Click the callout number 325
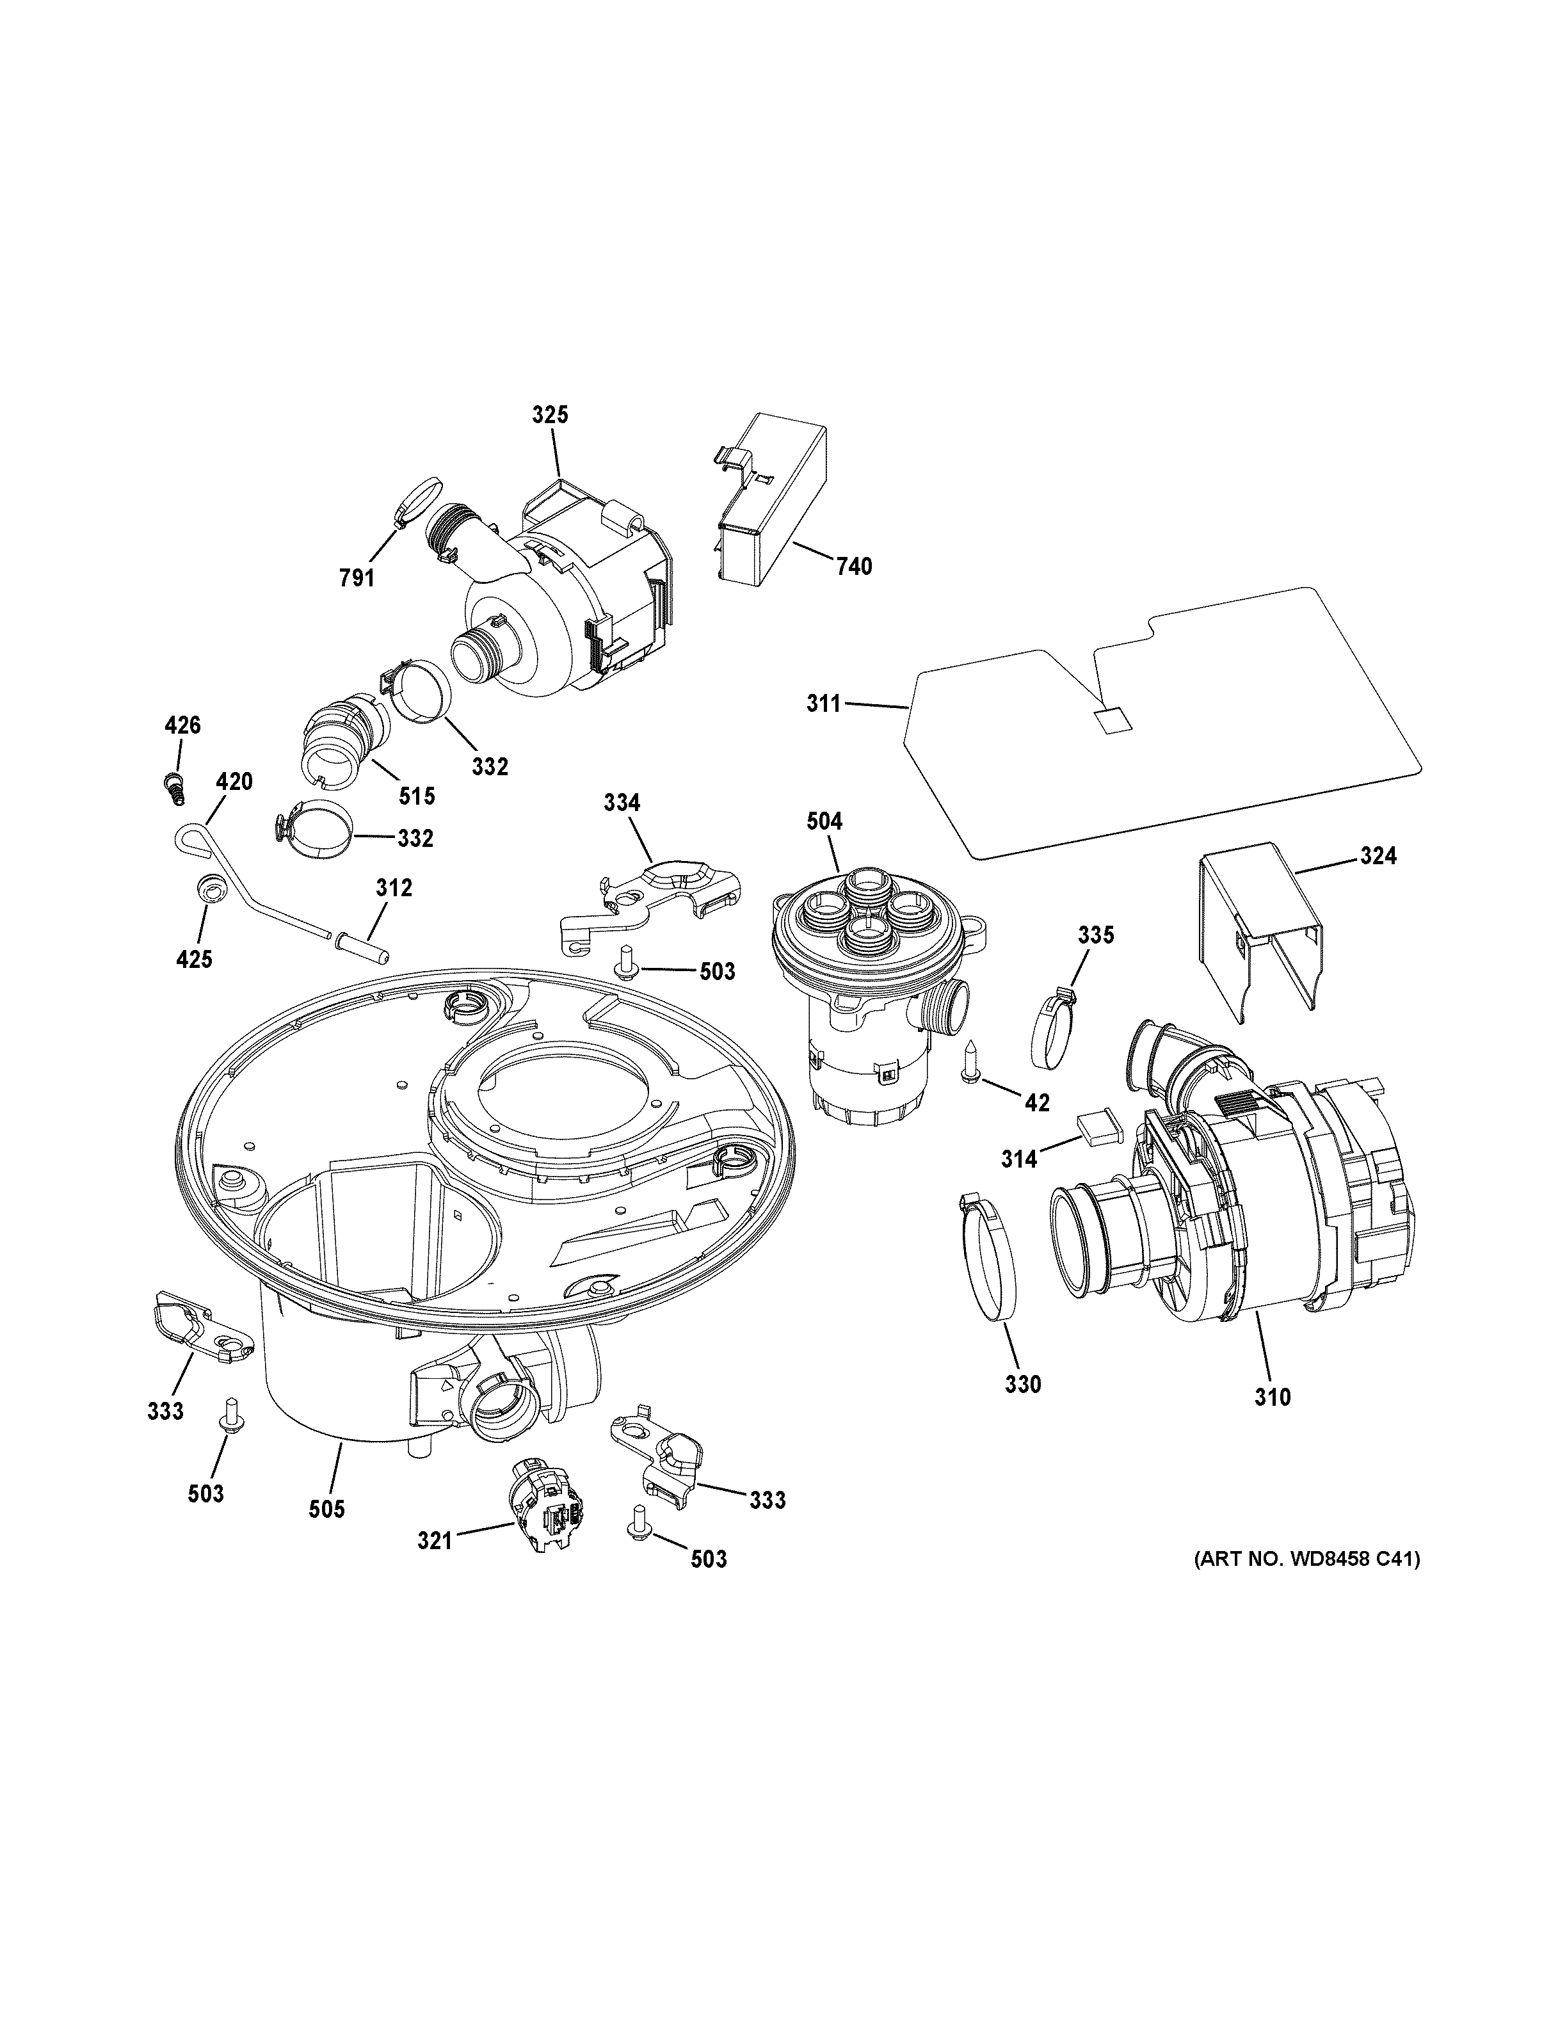550,414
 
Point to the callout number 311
823,704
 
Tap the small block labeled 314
1098,1128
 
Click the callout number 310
1272,1422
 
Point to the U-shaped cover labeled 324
1259,920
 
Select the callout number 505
326,1509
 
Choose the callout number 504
824,821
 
